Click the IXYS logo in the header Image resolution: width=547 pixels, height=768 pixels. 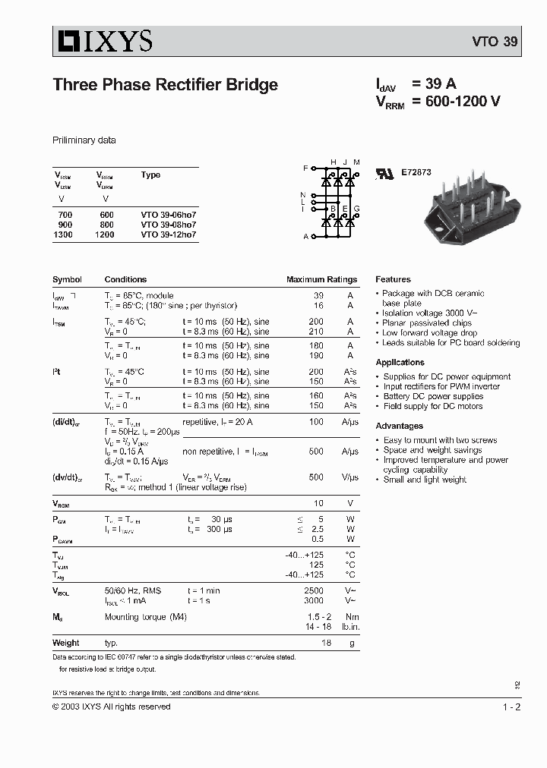[103, 41]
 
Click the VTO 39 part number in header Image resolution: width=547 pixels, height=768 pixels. [495, 42]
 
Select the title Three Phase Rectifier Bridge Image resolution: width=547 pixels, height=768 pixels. [165, 85]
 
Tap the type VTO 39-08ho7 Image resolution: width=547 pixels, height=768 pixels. [168, 225]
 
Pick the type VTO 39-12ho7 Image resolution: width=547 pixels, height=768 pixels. [168, 235]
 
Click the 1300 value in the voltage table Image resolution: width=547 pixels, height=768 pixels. [63, 235]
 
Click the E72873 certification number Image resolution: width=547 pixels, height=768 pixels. [416, 172]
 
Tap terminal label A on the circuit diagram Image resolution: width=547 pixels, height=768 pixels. [305, 237]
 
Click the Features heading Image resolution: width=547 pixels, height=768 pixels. [393, 279]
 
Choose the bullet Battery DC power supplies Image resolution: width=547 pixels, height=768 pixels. [432, 396]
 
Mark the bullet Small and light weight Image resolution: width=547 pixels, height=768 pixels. [424, 480]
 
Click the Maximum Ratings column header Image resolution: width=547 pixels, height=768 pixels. [321, 279]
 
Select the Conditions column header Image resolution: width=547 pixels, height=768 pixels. [125, 279]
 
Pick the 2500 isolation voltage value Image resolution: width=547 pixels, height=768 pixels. [313, 590]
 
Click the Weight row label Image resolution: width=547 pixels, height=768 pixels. [65, 643]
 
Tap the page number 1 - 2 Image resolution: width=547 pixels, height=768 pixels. [511, 707]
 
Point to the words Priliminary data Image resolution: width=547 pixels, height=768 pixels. [84, 140]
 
